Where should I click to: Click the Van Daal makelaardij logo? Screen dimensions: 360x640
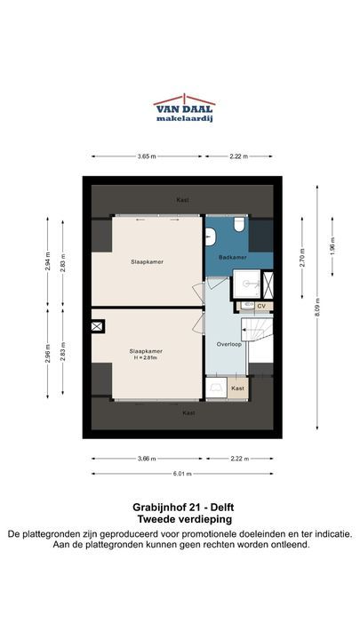coord(184,108)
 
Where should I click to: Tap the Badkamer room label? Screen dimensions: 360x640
coord(232,258)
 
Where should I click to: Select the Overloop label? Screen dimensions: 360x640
coord(228,344)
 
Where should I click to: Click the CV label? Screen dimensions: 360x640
coord(261,306)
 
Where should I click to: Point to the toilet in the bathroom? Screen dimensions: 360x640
coord(239,223)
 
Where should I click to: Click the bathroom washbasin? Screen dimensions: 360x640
coord(210,236)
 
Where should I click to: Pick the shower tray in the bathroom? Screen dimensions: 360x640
coord(246,284)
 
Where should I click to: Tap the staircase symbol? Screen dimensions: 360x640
coord(256,330)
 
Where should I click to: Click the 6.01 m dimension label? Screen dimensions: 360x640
coord(181,474)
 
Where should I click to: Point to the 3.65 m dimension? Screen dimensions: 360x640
coord(147,156)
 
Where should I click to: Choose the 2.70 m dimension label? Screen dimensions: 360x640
coord(302,258)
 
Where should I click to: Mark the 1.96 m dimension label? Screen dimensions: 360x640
coord(332,246)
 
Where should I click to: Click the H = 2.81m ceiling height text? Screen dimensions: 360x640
coord(146,357)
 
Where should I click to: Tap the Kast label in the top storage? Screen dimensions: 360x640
coord(182,200)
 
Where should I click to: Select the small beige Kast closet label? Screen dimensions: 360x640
coord(237,388)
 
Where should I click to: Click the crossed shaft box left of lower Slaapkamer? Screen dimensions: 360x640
coord(97,326)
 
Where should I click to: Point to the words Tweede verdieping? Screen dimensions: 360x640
coord(185,520)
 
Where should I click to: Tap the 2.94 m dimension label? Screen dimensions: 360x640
coord(47,262)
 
